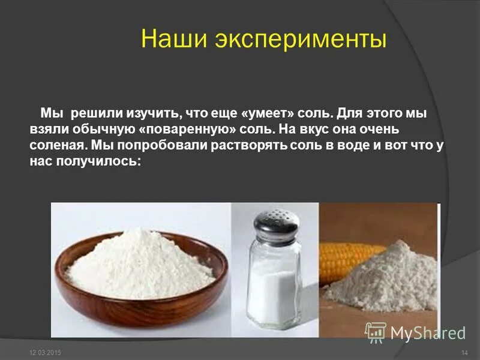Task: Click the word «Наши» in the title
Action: (x=168, y=40)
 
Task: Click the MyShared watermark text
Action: (x=428, y=332)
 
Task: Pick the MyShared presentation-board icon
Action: (x=376, y=331)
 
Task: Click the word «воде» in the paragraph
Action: (x=353, y=145)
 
